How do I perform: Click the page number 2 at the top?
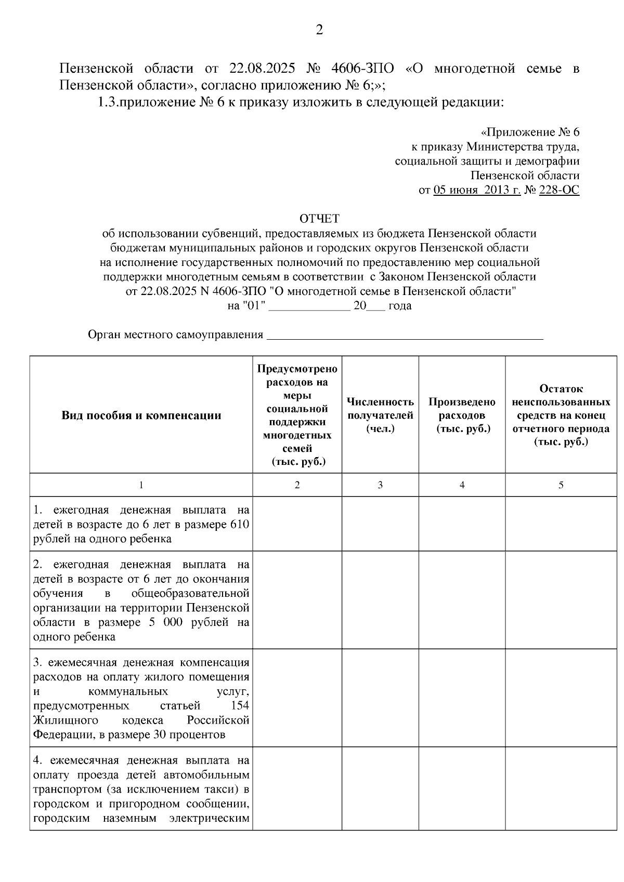(319, 30)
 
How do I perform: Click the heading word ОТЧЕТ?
(319, 219)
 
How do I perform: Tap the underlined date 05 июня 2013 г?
(477, 190)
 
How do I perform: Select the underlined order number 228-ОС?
(559, 190)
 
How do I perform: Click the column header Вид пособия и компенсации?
(141, 416)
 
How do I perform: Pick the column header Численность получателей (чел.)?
(380, 415)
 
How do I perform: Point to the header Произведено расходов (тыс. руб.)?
(462, 415)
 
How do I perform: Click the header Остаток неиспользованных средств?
(561, 415)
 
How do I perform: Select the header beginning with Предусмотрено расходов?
(297, 415)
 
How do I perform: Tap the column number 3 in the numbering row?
(380, 485)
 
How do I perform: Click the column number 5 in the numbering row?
(561, 485)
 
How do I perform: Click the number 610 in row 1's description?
(239, 524)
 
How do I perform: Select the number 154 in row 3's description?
(240, 705)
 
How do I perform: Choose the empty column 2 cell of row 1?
(297, 524)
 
